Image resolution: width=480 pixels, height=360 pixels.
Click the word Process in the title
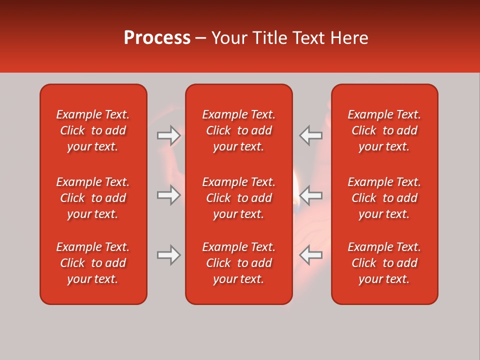(157, 38)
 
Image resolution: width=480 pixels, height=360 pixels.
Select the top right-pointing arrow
(168, 135)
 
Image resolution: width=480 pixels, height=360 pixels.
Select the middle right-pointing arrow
(168, 195)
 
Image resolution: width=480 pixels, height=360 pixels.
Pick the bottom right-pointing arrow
(168, 255)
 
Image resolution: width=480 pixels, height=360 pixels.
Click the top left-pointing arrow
(310, 135)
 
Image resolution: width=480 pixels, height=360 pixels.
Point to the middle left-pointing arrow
(310, 195)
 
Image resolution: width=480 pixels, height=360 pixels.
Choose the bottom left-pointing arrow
(310, 255)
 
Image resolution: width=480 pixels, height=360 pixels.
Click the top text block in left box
(93, 130)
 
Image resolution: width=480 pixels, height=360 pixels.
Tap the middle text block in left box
(93, 198)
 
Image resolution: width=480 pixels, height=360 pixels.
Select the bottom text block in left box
(93, 263)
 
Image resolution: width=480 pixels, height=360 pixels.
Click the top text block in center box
(238, 130)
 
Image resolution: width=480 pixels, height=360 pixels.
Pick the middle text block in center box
(238, 198)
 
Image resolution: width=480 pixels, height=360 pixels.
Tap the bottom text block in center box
(238, 263)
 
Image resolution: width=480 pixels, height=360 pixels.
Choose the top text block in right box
(384, 130)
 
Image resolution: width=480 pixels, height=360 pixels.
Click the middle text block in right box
(384, 198)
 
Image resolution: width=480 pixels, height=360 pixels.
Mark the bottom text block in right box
(384, 263)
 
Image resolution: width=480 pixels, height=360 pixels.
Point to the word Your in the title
(229, 38)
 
